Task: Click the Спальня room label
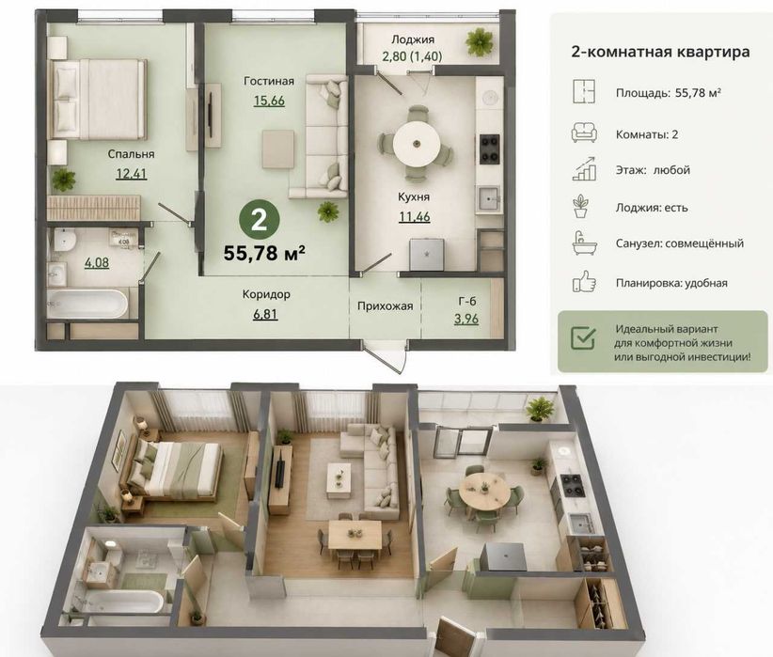coord(131,154)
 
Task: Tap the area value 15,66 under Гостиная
coord(269,101)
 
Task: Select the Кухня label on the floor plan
coord(414,196)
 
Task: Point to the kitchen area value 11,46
coord(414,216)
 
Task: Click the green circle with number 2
coord(259,220)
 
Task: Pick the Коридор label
coord(266,295)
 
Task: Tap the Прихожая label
coord(385,306)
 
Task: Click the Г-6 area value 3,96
coord(466,319)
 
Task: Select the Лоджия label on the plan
coord(413,39)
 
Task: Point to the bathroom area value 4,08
coord(97,262)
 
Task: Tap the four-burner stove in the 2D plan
coord(490,149)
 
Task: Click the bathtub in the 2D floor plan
coord(87,304)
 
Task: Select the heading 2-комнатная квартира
coord(660,53)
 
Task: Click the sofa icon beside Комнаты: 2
coord(584,133)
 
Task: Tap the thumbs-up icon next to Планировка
coord(584,282)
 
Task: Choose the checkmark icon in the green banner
coord(583,337)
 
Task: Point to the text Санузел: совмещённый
coord(679,243)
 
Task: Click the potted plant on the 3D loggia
coord(540,410)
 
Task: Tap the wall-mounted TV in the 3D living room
coord(280,472)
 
